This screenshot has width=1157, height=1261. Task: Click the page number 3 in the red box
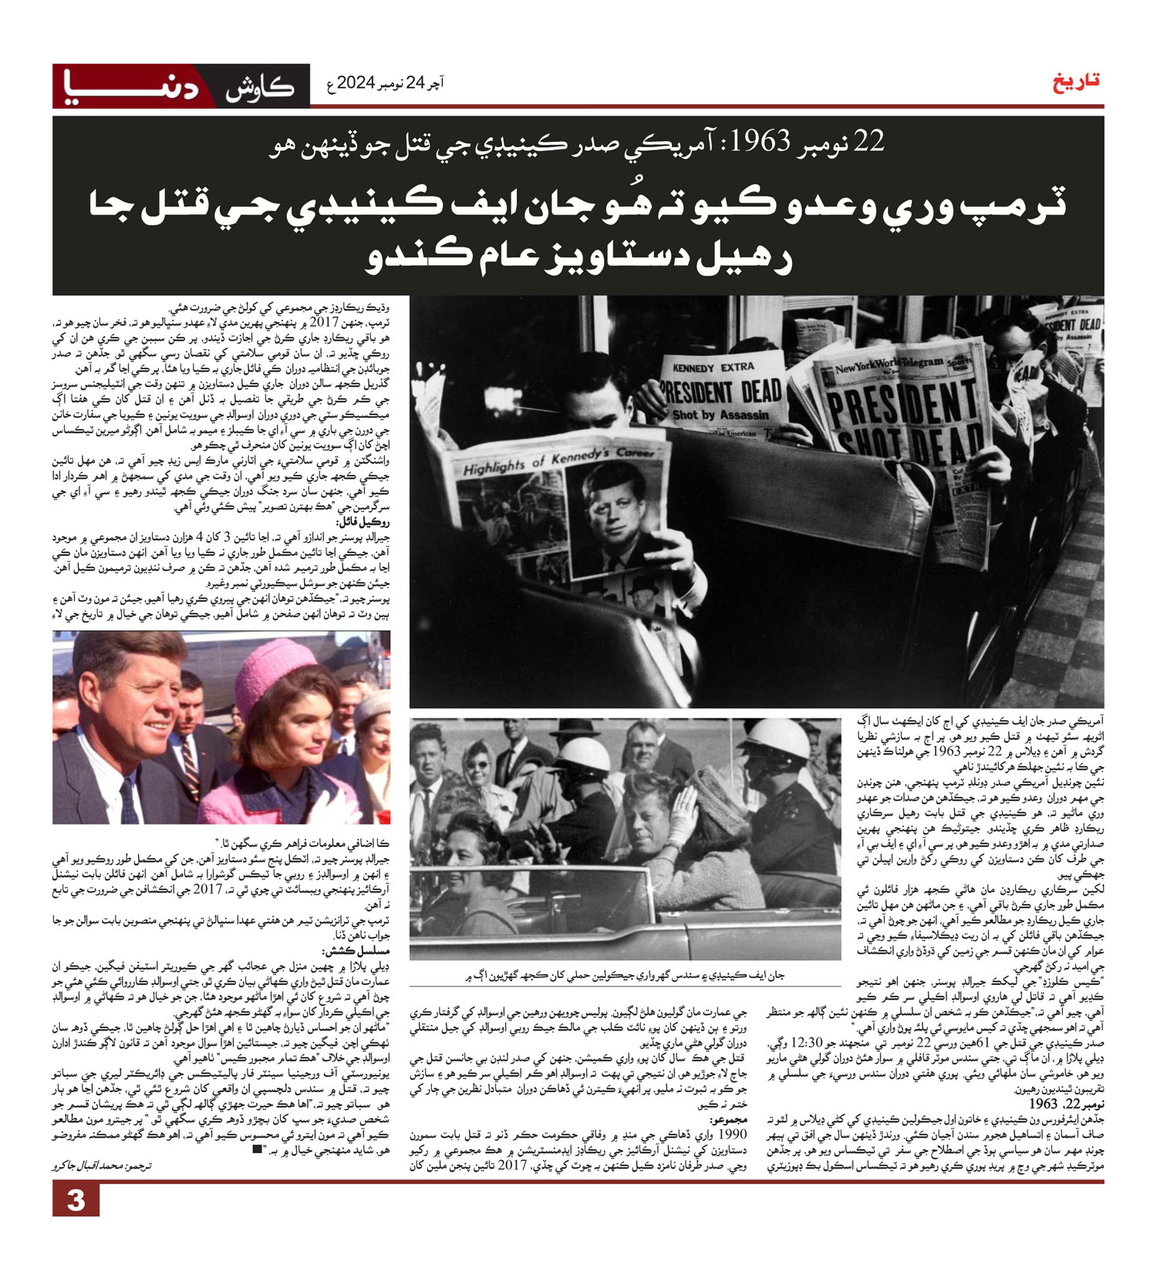pyautogui.click(x=76, y=1201)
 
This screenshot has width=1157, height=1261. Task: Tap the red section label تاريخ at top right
pyautogui.click(x=1077, y=82)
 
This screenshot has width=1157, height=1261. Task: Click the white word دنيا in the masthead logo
pyautogui.click(x=131, y=85)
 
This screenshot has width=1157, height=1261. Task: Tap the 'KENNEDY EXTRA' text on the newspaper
pyautogui.click(x=713, y=368)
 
